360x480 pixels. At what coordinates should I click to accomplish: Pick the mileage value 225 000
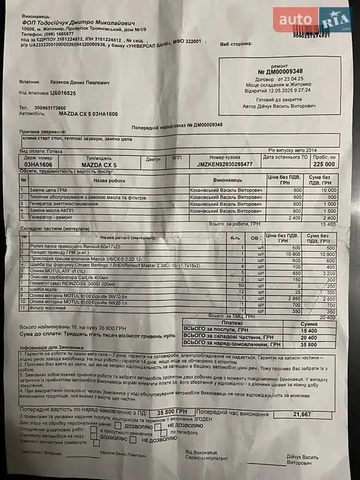(323, 164)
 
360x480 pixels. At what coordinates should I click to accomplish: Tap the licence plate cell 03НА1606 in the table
(38, 164)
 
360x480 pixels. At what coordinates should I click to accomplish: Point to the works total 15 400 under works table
(326, 223)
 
